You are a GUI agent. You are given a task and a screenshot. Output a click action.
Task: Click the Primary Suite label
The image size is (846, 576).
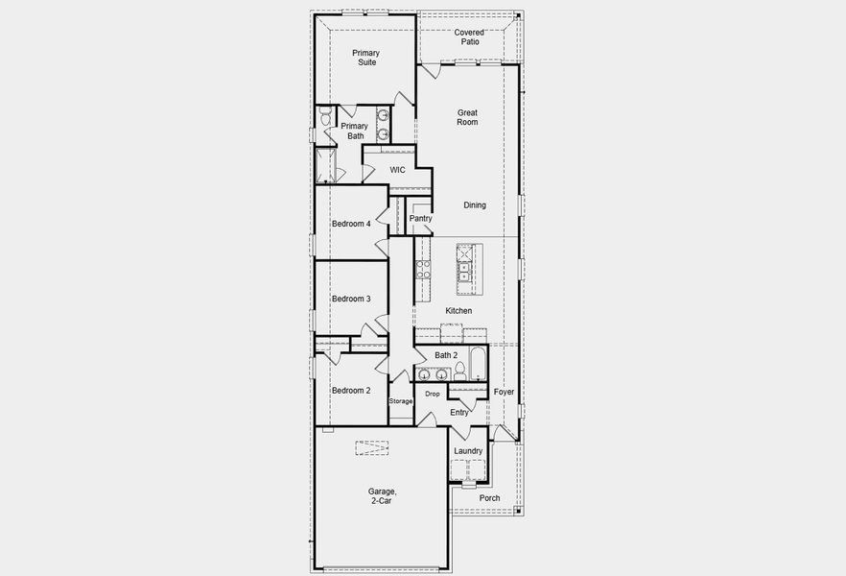click(364, 57)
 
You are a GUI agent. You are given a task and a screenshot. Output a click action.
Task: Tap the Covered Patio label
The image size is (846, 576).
click(469, 37)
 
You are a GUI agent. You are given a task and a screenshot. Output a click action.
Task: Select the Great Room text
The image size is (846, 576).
click(467, 117)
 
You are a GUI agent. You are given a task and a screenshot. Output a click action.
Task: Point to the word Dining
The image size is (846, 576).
click(475, 204)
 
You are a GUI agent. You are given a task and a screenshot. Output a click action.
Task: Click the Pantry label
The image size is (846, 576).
click(420, 218)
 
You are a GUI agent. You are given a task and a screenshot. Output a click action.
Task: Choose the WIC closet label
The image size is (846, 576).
click(397, 170)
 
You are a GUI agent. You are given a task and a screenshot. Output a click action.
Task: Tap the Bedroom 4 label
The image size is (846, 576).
click(351, 224)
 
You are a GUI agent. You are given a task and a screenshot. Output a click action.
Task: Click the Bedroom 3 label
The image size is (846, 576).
click(351, 299)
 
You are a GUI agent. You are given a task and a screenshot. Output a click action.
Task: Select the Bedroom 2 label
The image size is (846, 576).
click(351, 391)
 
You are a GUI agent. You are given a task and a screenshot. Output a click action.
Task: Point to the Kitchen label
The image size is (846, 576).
click(458, 311)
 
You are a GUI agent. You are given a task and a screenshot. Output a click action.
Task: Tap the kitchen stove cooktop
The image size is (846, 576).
click(422, 269)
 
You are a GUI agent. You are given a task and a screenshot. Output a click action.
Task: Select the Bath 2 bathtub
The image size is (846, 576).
click(478, 364)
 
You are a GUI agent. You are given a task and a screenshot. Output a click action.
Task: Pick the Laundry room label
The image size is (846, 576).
click(468, 451)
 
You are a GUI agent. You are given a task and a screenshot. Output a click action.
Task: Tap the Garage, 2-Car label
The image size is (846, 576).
click(382, 496)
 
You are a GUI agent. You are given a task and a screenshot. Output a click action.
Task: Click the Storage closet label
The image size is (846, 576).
click(401, 400)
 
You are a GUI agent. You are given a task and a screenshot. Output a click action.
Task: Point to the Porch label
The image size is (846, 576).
click(489, 498)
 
